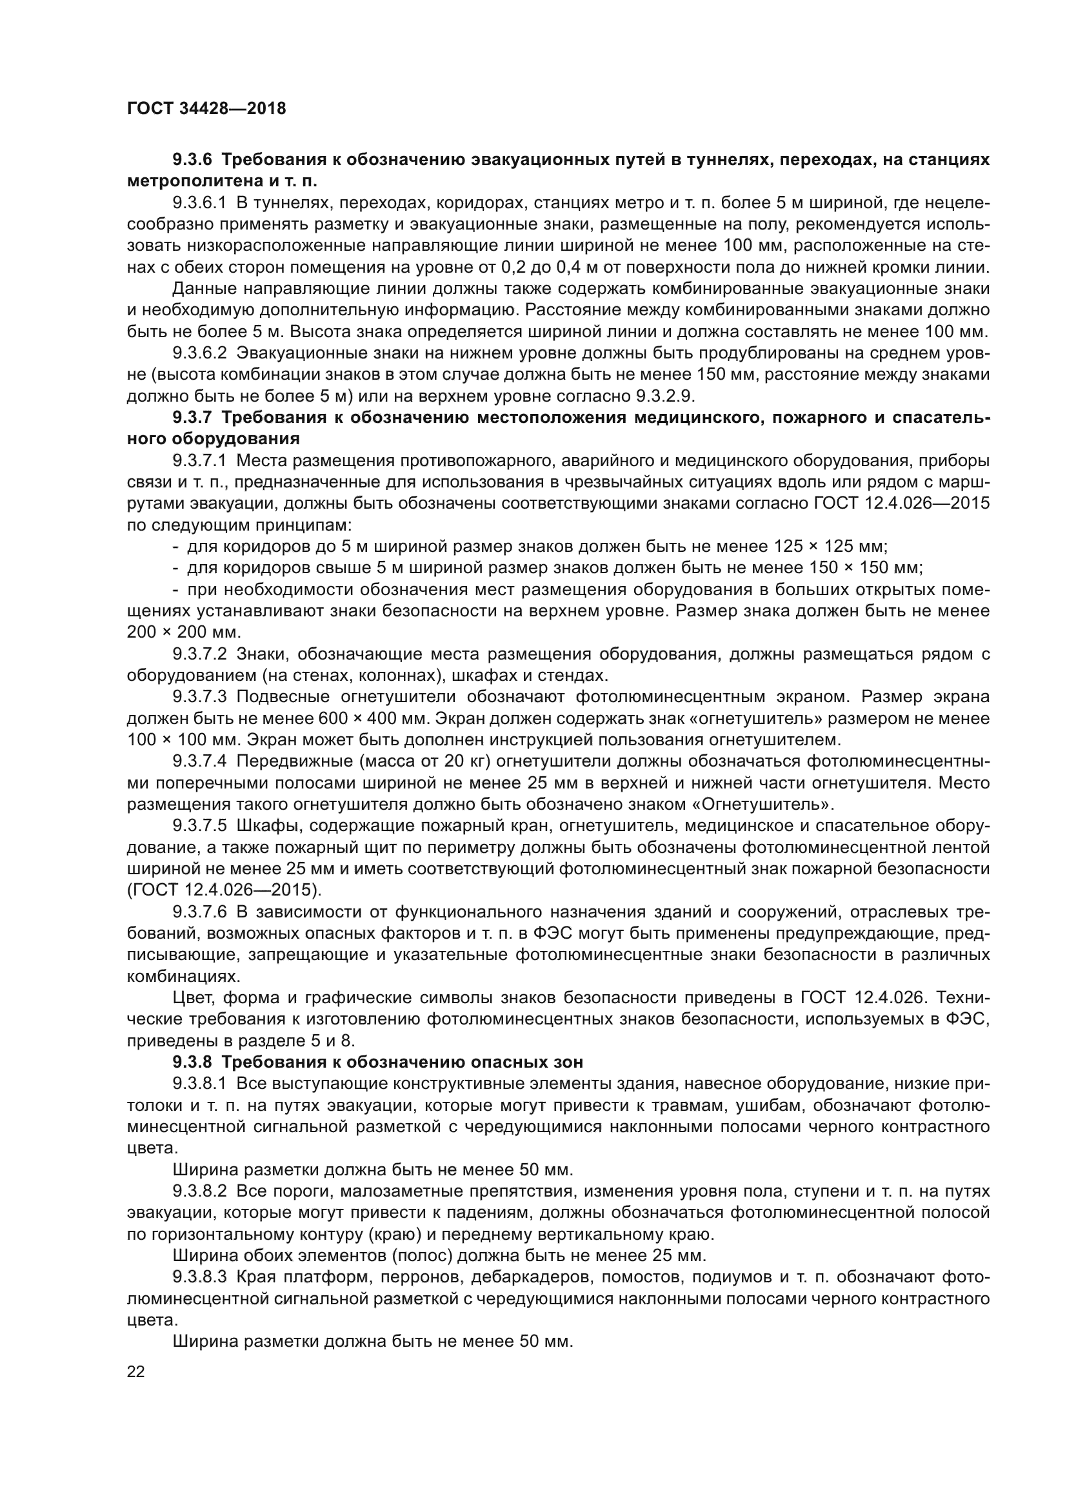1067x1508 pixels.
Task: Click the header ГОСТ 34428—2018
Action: tap(206, 108)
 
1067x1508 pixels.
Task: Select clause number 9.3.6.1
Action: tap(200, 203)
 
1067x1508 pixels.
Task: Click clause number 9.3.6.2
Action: tap(200, 353)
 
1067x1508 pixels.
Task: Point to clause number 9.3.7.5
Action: tap(200, 826)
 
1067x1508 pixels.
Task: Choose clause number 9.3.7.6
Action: tap(200, 912)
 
